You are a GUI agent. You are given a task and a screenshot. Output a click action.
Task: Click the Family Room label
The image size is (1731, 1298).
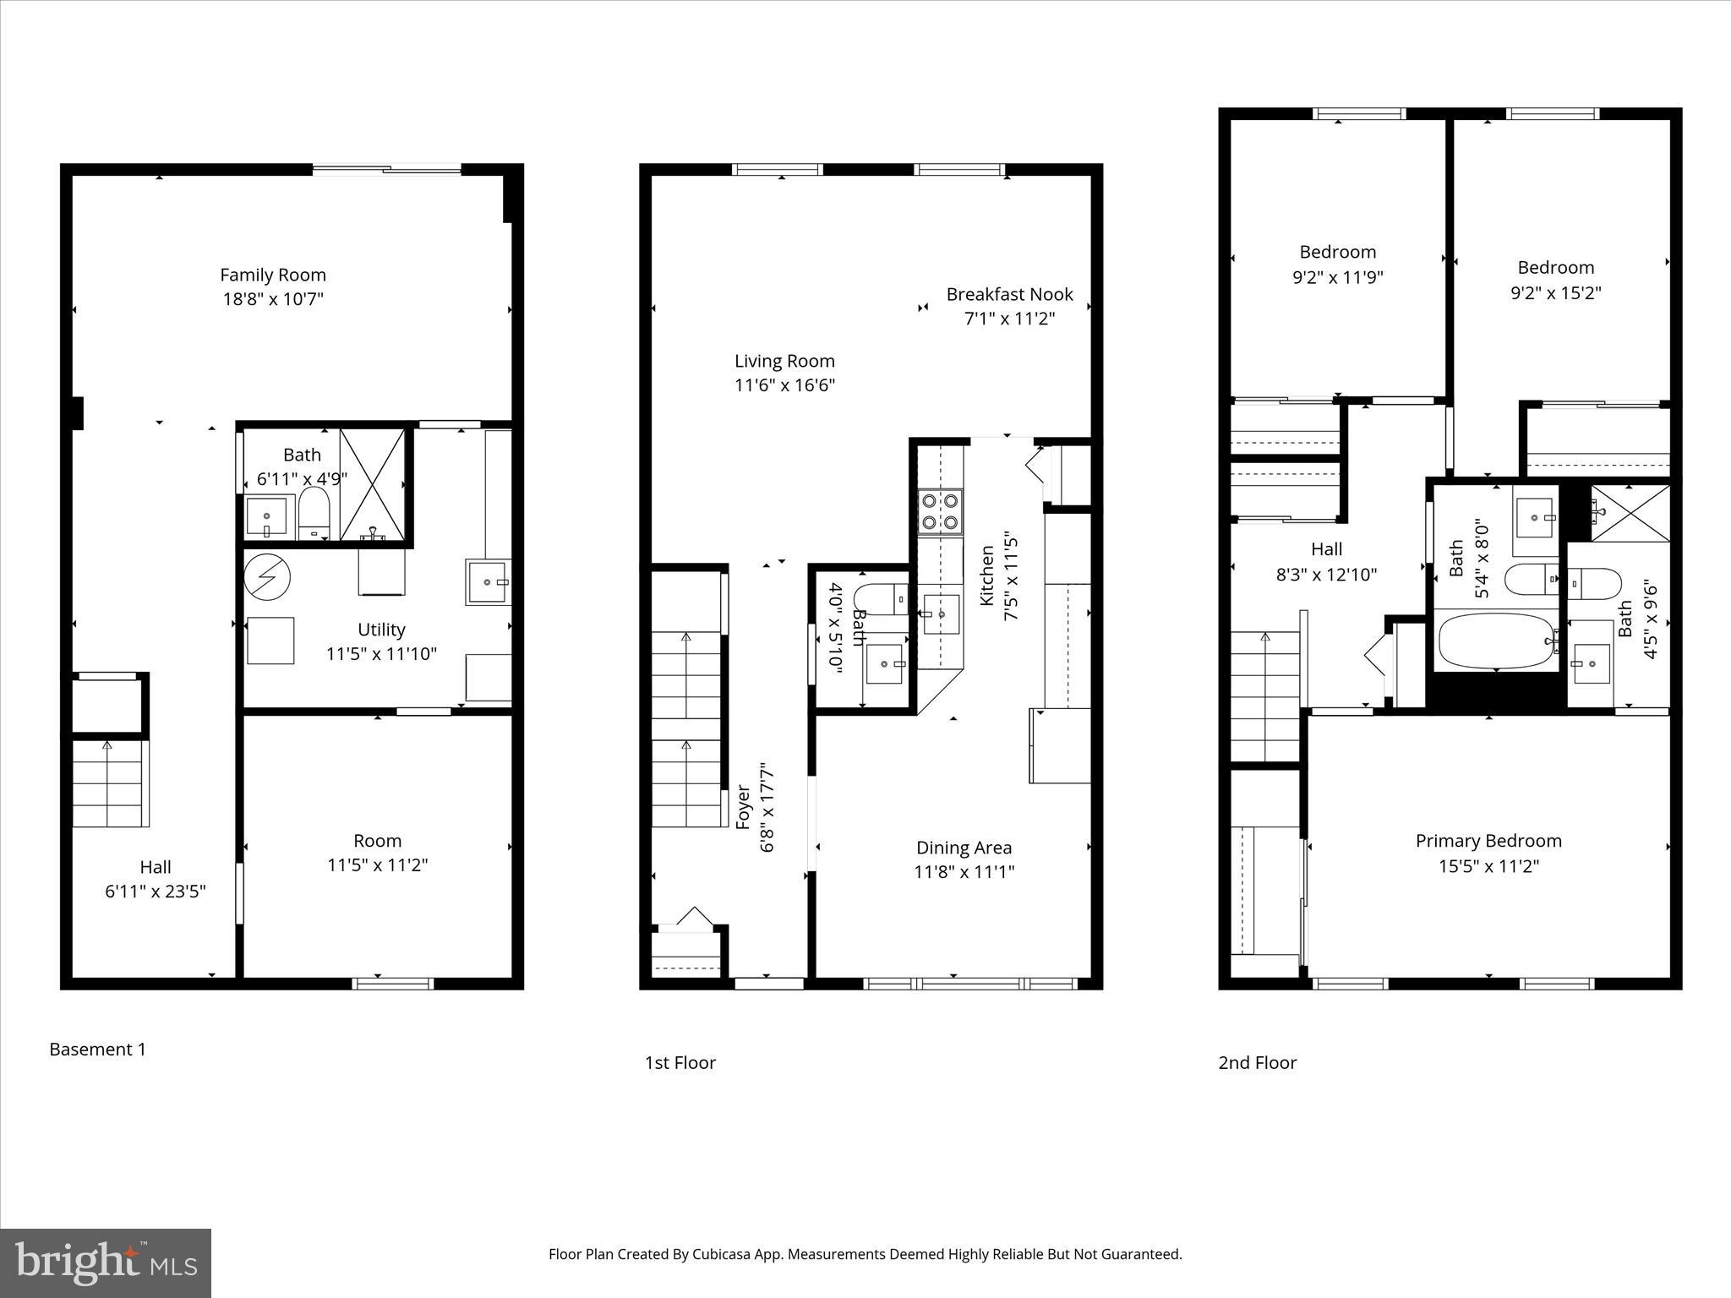(x=273, y=275)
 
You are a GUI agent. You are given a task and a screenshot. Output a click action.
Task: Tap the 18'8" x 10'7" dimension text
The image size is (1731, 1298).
(x=273, y=299)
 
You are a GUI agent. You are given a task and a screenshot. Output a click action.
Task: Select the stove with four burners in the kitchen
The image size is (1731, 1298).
(x=940, y=511)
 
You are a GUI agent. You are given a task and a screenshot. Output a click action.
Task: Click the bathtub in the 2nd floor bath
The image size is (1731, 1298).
(x=1496, y=641)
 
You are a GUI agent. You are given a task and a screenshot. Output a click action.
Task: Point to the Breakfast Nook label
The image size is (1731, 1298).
(x=1009, y=294)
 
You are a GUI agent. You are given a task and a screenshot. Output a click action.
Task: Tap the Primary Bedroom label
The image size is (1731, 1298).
(x=1488, y=841)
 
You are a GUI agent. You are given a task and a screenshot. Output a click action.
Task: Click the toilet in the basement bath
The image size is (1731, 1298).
(x=313, y=511)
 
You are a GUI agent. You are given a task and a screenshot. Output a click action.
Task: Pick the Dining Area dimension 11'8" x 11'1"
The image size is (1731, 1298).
(x=964, y=871)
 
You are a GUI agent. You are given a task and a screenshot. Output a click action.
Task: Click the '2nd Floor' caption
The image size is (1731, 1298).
(x=1257, y=1063)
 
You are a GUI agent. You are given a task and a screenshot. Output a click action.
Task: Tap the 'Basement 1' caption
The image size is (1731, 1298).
(x=97, y=1050)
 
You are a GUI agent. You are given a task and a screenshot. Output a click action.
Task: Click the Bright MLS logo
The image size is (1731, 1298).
(x=106, y=1263)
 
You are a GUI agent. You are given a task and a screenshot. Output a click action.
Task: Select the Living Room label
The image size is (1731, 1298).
(x=784, y=361)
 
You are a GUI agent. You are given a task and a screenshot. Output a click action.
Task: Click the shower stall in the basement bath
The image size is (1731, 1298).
(x=373, y=483)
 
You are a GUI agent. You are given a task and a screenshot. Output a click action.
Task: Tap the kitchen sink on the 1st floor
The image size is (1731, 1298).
(x=941, y=614)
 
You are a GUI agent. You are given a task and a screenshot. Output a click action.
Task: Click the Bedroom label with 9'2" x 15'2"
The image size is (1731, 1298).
(x=1555, y=268)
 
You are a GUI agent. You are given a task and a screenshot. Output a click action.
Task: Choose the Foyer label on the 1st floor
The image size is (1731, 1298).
(x=744, y=807)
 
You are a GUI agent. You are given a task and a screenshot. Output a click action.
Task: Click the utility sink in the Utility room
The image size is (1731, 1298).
(x=488, y=582)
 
